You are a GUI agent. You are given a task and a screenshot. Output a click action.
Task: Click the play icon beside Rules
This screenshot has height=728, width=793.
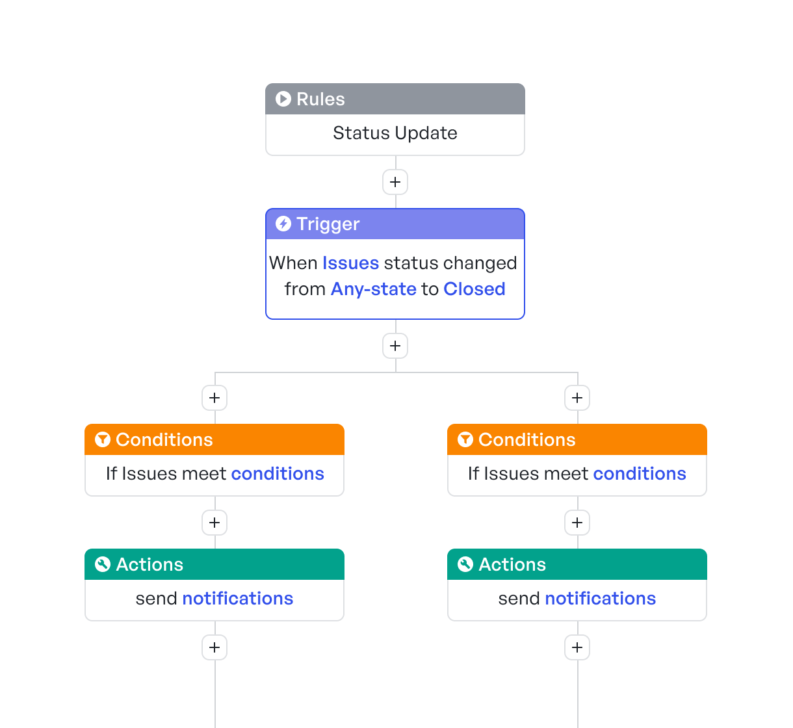click(x=283, y=99)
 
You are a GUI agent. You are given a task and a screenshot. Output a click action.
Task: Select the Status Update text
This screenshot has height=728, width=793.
click(x=395, y=133)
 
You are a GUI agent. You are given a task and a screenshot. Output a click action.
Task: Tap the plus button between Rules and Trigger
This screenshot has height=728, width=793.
click(x=395, y=182)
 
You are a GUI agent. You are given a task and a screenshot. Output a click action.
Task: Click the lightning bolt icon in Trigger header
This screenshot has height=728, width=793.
click(x=283, y=224)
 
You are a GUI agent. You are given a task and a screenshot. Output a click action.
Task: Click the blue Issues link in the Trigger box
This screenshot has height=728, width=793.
click(x=350, y=263)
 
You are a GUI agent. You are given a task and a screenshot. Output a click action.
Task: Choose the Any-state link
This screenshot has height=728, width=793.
click(x=374, y=289)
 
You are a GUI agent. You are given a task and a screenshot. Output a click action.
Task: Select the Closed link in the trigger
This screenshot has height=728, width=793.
click(x=474, y=289)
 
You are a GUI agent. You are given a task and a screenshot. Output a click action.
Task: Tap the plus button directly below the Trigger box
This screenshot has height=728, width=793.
click(x=395, y=346)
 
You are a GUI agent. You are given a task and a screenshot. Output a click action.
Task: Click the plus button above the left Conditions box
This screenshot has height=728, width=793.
click(x=214, y=398)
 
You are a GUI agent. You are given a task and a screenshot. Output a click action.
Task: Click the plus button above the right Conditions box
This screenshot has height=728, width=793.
click(x=577, y=398)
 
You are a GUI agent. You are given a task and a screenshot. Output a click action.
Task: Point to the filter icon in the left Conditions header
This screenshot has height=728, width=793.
click(x=103, y=440)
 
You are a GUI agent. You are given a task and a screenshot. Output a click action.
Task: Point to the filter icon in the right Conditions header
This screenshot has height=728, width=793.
click(x=465, y=440)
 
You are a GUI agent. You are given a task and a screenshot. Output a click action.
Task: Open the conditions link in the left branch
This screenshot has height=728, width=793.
click(x=278, y=474)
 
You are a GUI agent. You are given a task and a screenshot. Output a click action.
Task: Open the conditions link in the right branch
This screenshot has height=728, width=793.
click(x=640, y=474)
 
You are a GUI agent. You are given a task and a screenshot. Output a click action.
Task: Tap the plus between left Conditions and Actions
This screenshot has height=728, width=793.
click(x=214, y=523)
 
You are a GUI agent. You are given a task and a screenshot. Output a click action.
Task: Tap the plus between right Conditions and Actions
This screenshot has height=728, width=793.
click(x=577, y=523)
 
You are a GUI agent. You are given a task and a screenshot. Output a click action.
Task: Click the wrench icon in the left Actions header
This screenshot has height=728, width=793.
click(x=103, y=564)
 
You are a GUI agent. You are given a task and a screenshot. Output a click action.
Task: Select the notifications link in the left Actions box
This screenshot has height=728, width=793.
click(x=238, y=599)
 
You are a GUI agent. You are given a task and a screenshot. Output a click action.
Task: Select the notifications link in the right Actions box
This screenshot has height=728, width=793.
click(x=601, y=599)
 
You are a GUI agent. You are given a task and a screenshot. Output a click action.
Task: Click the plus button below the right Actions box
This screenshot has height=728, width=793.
click(x=577, y=647)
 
